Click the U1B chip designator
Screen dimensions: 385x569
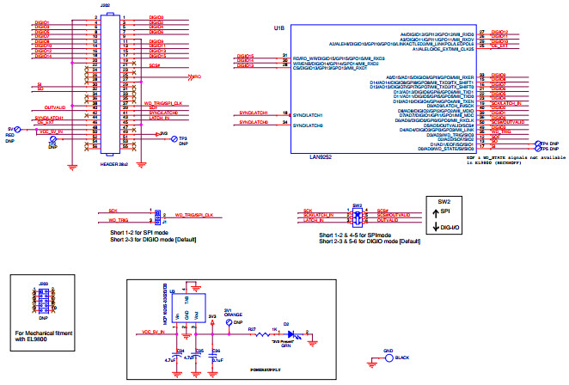click(278, 27)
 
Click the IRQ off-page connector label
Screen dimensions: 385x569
click(197, 76)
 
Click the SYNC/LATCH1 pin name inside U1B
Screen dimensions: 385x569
click(308, 114)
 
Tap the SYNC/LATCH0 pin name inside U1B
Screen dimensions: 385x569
click(308, 125)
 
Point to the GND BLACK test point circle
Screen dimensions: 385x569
click(376, 357)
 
